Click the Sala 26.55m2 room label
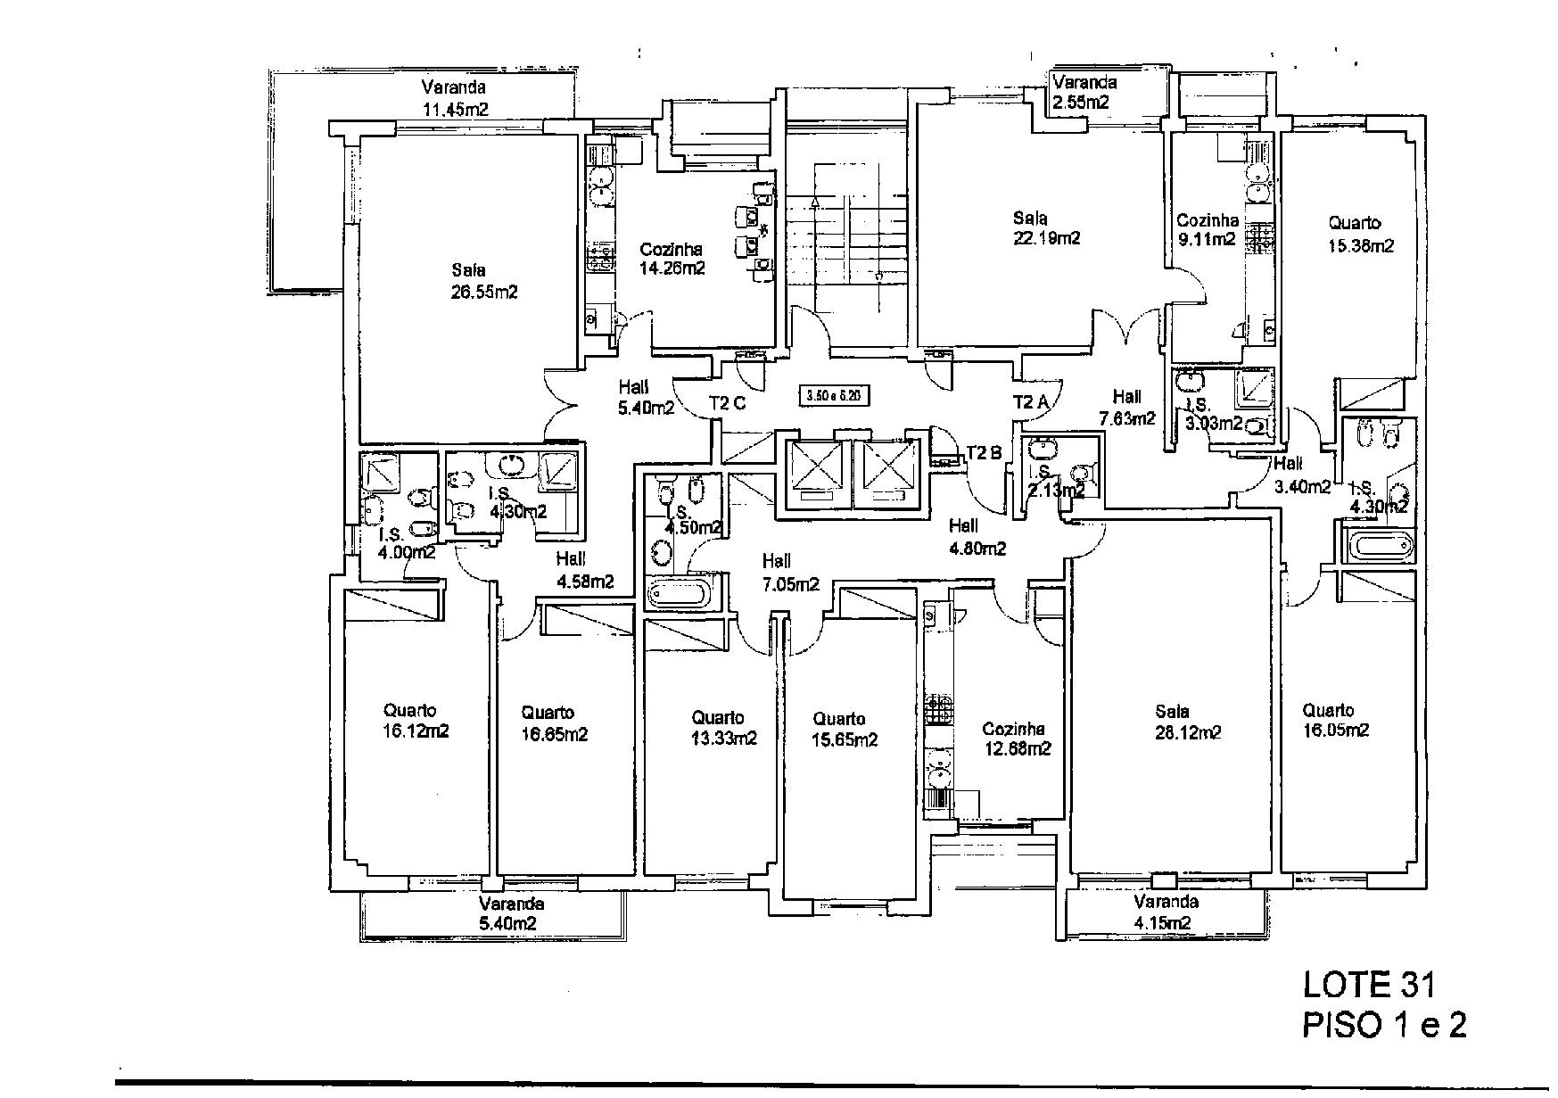[x=484, y=281]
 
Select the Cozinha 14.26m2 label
[x=672, y=260]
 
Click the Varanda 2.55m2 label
[x=1084, y=92]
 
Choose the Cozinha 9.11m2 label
[x=1207, y=230]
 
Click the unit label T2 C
[x=727, y=403]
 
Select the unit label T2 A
[x=1032, y=402]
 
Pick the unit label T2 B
[x=984, y=452]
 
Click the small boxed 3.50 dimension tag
[x=835, y=394]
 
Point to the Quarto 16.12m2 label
[x=416, y=722]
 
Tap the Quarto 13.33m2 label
[x=723, y=728]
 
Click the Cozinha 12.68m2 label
[x=1016, y=739]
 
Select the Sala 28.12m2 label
[x=1187, y=722]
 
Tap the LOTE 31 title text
[x=1370, y=985]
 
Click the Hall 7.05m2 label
[x=790, y=573]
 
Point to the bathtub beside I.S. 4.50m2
[x=679, y=593]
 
